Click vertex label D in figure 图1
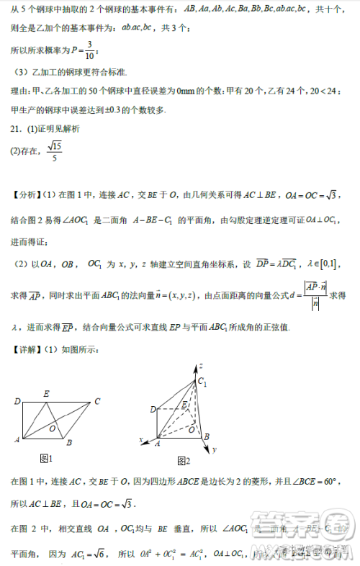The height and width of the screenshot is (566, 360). click(17, 401)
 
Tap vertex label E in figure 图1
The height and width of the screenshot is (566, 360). click(47, 393)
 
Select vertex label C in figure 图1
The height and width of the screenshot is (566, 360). click(96, 401)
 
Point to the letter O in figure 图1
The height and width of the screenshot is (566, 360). click(53, 428)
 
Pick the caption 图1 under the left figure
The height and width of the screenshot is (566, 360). click(47, 458)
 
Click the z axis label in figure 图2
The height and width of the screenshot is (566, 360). click(204, 367)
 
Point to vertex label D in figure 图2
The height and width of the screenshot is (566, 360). click(153, 410)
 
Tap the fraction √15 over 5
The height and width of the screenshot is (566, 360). click(53, 151)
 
